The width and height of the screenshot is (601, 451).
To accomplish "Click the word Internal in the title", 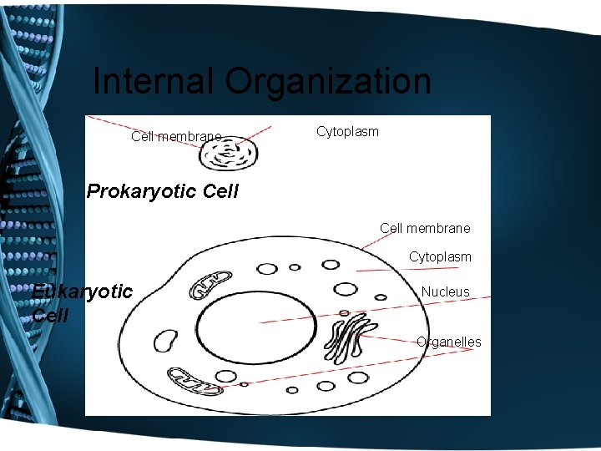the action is pyautogui.click(x=153, y=82).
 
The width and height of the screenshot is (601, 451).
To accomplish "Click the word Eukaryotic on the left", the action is pyautogui.click(x=82, y=291).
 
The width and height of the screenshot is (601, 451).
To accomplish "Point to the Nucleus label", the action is pyautogui.click(x=445, y=292).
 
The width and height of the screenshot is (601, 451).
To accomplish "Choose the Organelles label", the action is pyautogui.click(x=449, y=342).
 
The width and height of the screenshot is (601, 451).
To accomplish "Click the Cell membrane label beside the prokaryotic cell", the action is pyautogui.click(x=176, y=136).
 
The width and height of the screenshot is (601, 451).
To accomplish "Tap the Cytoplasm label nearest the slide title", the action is pyautogui.click(x=347, y=132).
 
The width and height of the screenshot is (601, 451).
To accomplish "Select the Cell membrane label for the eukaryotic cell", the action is pyautogui.click(x=425, y=228).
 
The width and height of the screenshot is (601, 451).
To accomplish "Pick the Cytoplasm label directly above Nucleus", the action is pyautogui.click(x=440, y=257).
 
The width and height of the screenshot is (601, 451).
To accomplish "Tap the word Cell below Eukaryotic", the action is pyautogui.click(x=49, y=316).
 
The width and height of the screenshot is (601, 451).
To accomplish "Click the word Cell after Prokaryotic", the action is pyautogui.click(x=220, y=191).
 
